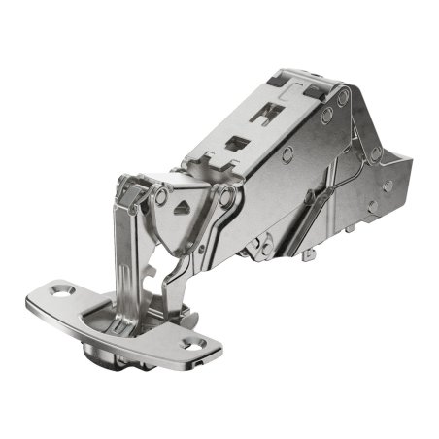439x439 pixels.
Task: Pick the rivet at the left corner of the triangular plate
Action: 161,196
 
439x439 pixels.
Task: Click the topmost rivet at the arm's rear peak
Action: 342,96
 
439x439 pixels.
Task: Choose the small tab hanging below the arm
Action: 309,254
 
